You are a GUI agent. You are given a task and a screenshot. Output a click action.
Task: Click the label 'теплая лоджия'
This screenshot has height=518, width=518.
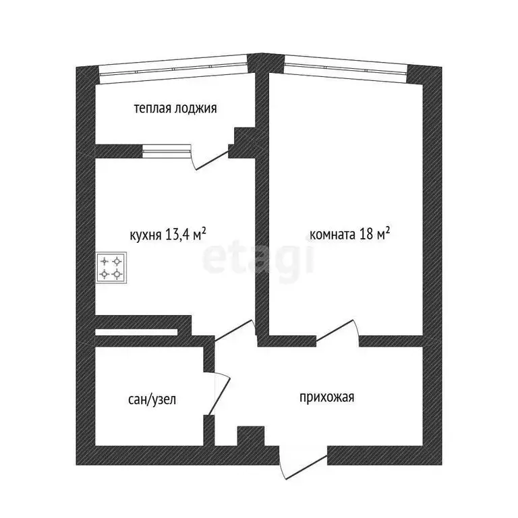[175, 108]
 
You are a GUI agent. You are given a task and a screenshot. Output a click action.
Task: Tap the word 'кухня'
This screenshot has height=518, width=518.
[145, 235]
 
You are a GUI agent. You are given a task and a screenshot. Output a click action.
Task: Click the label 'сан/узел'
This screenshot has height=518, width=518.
[152, 399]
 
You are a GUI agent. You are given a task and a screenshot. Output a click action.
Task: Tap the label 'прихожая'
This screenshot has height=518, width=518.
[327, 397]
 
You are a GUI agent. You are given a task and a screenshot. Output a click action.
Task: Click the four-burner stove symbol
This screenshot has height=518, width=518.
[111, 266]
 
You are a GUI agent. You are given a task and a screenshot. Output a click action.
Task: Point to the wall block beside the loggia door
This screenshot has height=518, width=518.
[241, 143]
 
